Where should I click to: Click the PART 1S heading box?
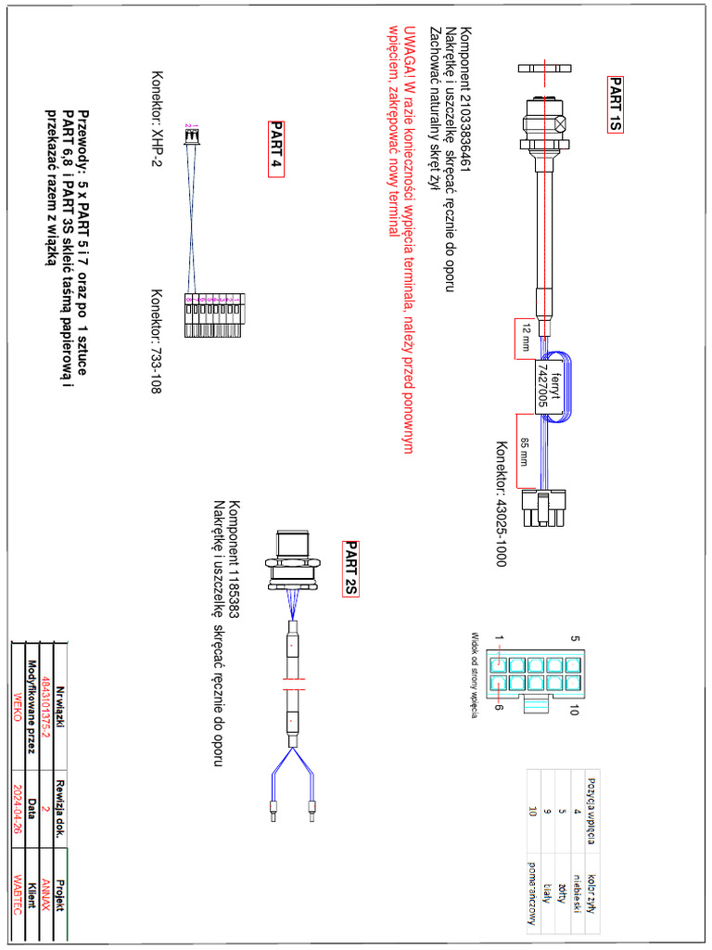(x=616, y=105)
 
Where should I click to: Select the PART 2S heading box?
(x=350, y=569)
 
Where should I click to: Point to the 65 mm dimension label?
(x=525, y=452)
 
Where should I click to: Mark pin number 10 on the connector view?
(x=575, y=711)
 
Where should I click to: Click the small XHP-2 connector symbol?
(x=193, y=137)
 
